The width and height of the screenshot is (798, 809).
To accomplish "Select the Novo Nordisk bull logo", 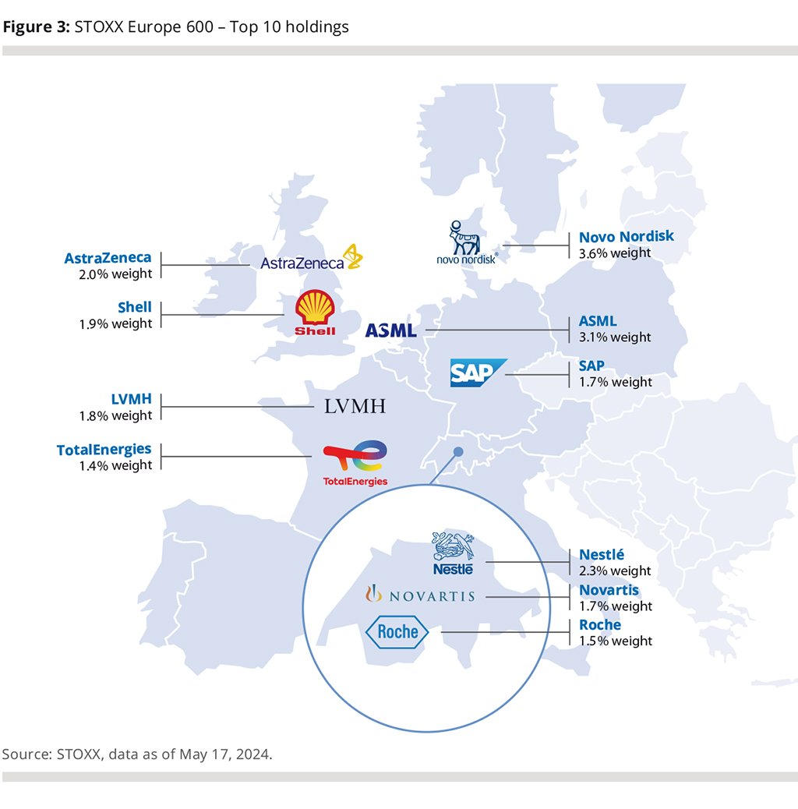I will tap(466, 242).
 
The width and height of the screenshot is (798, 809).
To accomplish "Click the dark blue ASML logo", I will tap(391, 330).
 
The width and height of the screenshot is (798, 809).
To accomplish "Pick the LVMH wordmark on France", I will tap(355, 406).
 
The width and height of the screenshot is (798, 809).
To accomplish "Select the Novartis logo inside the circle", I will tap(421, 596).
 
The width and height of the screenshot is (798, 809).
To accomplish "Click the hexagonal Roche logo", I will tap(397, 632).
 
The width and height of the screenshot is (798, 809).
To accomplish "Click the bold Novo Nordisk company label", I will tap(626, 236).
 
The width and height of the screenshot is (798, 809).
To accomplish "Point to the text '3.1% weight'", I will tap(615, 337).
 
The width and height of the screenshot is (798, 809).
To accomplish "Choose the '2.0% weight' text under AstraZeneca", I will tap(116, 274).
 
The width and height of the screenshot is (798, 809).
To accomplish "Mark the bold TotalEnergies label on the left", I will tap(104, 450).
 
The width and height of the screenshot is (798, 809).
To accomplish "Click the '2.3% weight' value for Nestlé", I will tap(615, 571).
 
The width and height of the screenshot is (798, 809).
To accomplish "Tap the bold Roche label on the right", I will tap(600, 625).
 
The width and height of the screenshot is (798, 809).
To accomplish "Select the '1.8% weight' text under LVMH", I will tap(116, 415).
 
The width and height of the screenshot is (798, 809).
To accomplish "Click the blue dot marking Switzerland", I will tap(458, 451).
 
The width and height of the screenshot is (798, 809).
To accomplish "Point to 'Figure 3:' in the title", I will tap(36, 27).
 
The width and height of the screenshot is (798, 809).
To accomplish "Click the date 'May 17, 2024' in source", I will tap(225, 754).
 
